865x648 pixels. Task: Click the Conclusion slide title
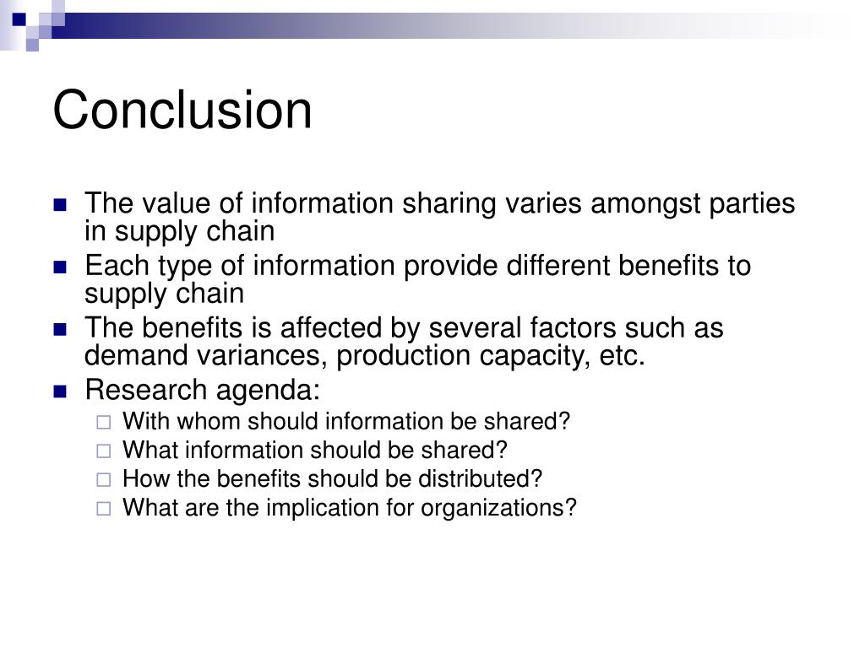tap(182, 110)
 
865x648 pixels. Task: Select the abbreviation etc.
tap(623, 356)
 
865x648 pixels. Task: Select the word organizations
tap(498, 508)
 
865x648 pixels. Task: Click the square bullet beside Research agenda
tap(59, 391)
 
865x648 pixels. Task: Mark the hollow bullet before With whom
tap(103, 422)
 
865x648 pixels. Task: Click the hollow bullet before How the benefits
tap(103, 480)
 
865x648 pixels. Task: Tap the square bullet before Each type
tap(59, 267)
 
